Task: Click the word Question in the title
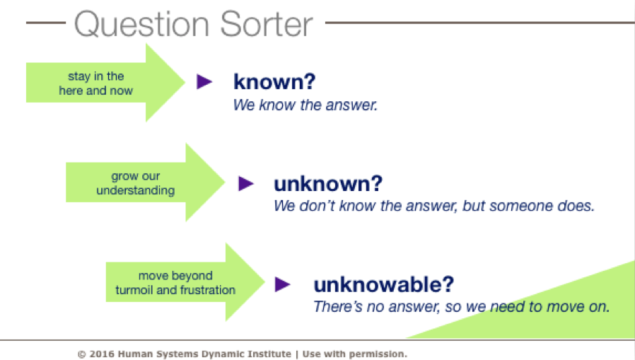[141, 24]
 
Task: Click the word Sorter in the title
[267, 24]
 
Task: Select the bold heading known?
[274, 82]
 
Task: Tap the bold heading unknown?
[328, 183]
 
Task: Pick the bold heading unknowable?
[384, 284]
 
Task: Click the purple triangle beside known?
[204, 81]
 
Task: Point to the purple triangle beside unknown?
[246, 183]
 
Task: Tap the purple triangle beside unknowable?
[282, 284]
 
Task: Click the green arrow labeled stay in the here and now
[105, 83]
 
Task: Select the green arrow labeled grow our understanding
[145, 182]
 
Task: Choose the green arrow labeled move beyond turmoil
[185, 282]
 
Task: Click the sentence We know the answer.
[305, 105]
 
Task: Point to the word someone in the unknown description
[521, 206]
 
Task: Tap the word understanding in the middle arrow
[136, 190]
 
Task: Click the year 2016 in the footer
[102, 354]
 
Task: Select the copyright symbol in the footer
[82, 354]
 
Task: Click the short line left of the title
[46, 23]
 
